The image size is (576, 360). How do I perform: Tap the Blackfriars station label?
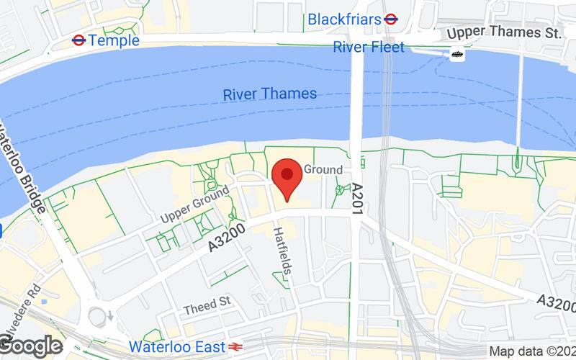click(344, 19)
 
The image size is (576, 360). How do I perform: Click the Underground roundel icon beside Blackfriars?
click(392, 19)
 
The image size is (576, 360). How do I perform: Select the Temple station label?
click(114, 41)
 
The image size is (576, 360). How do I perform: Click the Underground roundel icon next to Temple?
click(79, 41)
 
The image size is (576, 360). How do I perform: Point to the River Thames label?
click(269, 94)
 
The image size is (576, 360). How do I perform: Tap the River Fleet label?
click(369, 48)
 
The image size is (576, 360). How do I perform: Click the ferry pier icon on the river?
click(456, 54)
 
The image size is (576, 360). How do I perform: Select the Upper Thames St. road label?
click(503, 32)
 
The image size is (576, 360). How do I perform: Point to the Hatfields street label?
click(284, 252)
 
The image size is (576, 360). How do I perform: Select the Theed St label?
click(206, 308)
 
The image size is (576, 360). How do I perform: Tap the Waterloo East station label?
click(176, 346)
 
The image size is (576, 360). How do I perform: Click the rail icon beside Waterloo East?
click(235, 346)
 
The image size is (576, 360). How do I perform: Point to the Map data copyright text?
click(532, 351)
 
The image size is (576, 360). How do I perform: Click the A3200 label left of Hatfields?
click(228, 237)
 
